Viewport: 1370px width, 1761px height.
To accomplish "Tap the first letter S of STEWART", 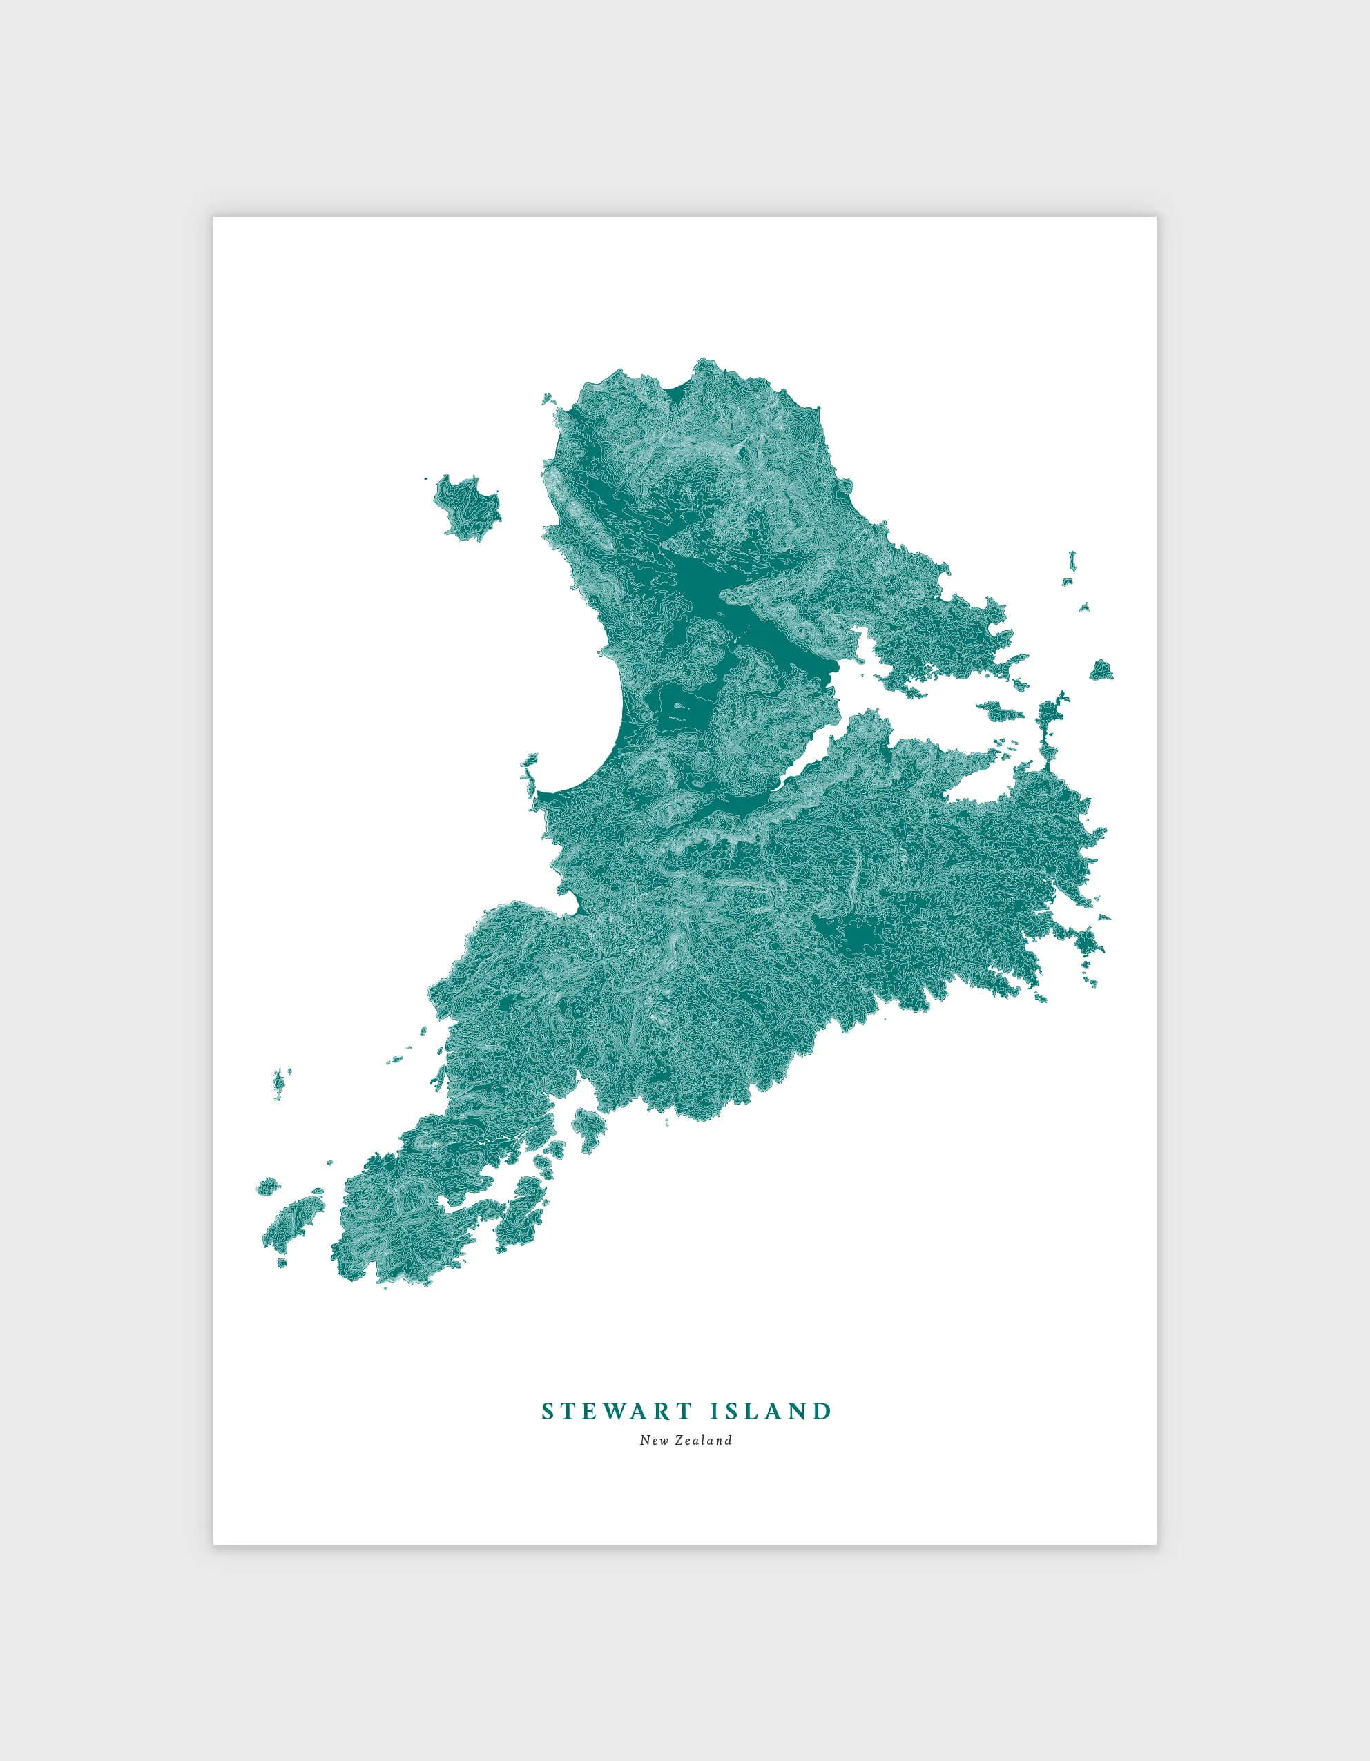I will click(x=548, y=1411).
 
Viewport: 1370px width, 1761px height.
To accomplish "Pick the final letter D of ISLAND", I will click(x=822, y=1411).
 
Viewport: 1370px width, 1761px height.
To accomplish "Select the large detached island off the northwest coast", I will click(x=467, y=505).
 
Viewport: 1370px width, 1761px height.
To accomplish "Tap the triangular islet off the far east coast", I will click(x=1101, y=669).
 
